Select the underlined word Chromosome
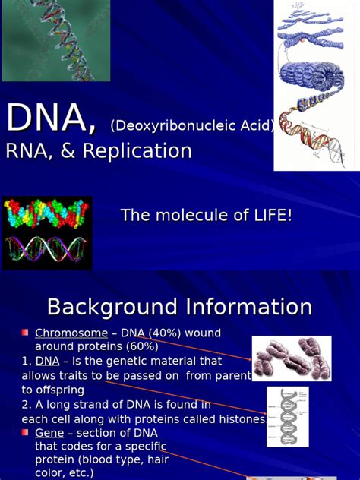click(x=71, y=333)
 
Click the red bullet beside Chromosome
click(x=25, y=333)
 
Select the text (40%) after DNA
click(x=158, y=333)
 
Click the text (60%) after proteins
click(x=141, y=346)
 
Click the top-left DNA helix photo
click(x=55, y=40)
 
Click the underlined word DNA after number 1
click(x=48, y=361)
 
